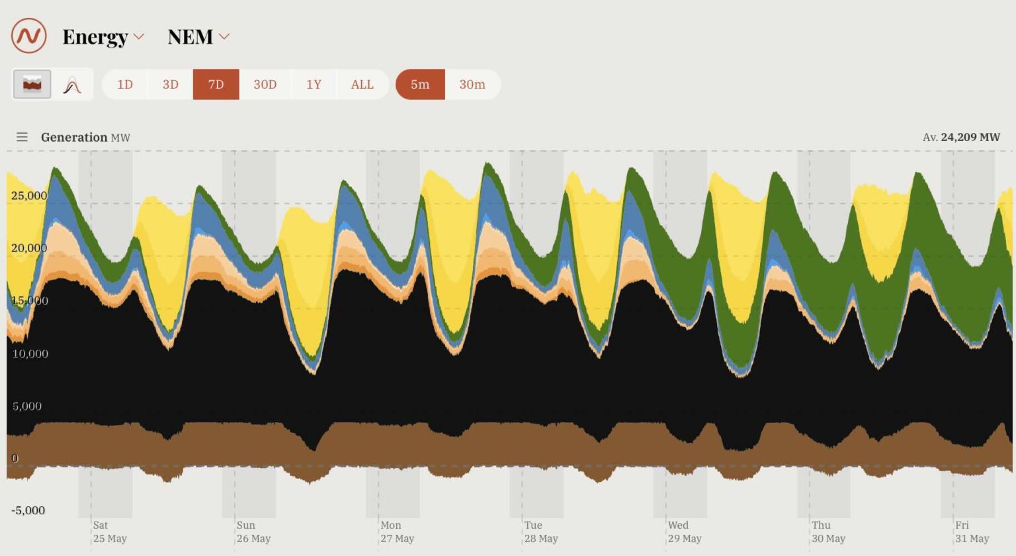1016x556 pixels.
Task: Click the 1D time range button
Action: (x=125, y=85)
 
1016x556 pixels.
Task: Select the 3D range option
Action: (x=171, y=85)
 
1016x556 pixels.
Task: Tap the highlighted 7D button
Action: (x=216, y=85)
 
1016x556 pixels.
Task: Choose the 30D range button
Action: (x=265, y=85)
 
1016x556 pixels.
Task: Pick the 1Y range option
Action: (x=314, y=85)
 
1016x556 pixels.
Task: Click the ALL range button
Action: (x=362, y=85)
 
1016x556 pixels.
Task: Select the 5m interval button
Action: (x=420, y=85)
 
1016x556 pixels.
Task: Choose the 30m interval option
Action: (x=472, y=85)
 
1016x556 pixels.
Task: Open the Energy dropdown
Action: (x=103, y=37)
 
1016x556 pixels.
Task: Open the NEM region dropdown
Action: (x=198, y=37)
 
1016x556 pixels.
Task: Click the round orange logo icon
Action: (x=29, y=36)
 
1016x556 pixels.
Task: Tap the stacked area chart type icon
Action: (x=32, y=85)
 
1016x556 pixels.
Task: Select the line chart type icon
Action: (x=72, y=85)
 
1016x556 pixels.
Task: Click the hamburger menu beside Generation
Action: (x=22, y=137)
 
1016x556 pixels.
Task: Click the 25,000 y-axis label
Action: (x=29, y=195)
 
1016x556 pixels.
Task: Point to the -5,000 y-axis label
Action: (x=28, y=510)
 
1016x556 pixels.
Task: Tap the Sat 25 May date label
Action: (x=109, y=532)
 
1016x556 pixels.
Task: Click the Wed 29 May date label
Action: (x=684, y=532)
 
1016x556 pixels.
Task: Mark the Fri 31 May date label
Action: (x=972, y=532)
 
